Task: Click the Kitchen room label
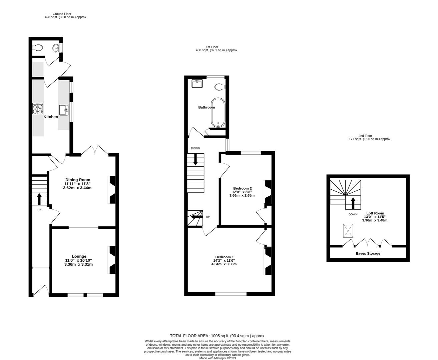tap(51, 117)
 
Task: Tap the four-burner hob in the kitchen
tap(38, 109)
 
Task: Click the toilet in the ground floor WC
tap(38, 48)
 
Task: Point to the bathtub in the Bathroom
tap(218, 113)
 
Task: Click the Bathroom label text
tap(206, 107)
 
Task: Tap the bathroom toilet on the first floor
tap(220, 87)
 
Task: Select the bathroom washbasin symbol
tap(197, 83)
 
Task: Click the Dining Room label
tap(77, 180)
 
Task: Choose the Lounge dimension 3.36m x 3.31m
tap(78, 265)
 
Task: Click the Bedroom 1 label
tap(224, 257)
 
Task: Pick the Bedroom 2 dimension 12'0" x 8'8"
tap(242, 192)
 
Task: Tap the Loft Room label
tap(375, 213)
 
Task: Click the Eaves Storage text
tap(368, 253)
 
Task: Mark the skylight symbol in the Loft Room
tap(348, 231)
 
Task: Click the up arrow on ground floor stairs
tap(39, 199)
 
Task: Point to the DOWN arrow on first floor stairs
tap(195, 159)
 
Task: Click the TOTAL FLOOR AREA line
tap(217, 336)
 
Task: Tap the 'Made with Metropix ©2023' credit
tap(217, 358)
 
